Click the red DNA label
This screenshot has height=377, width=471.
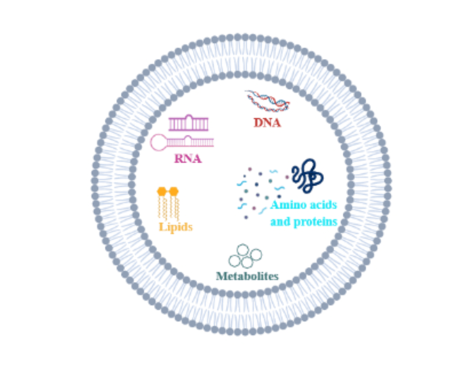tap(267, 123)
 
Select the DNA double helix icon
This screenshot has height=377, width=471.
tap(267, 101)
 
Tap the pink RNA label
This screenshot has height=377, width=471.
tap(188, 159)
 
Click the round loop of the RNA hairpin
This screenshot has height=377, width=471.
tap(158, 142)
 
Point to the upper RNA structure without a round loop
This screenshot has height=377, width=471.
tap(188, 123)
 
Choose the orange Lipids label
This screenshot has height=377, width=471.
tap(176, 227)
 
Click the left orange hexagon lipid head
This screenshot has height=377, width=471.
tap(162, 191)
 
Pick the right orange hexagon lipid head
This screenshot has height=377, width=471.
tap(174, 191)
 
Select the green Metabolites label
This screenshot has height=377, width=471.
tap(247, 276)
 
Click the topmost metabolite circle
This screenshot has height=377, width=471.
tap(243, 250)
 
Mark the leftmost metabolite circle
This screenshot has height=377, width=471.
tap(234, 261)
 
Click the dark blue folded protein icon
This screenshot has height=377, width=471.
tap(307, 176)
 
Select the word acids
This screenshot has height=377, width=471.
tap(322, 205)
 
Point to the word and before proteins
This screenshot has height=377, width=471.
tap(280, 221)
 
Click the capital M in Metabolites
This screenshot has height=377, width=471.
tap(221, 276)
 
